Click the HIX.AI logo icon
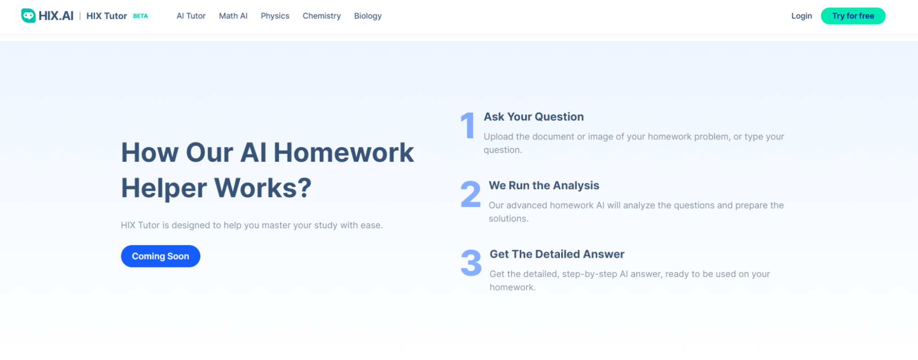28,16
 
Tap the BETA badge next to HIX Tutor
141,16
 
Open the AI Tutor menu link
191,16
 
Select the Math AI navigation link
233,16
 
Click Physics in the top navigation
275,16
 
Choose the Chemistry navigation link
321,16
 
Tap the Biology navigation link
367,16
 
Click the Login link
801,16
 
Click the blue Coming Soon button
160,256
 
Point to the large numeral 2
470,194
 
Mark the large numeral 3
471,263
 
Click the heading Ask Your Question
534,117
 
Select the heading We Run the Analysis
544,186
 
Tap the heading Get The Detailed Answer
557,254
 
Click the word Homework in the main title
344,152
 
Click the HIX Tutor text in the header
107,16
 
